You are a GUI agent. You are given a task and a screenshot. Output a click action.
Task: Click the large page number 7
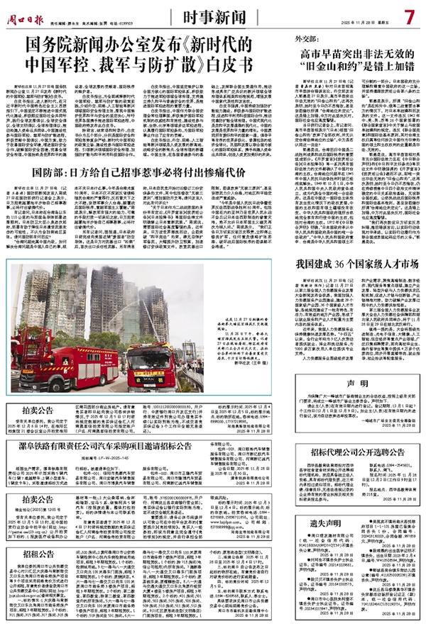410,15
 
